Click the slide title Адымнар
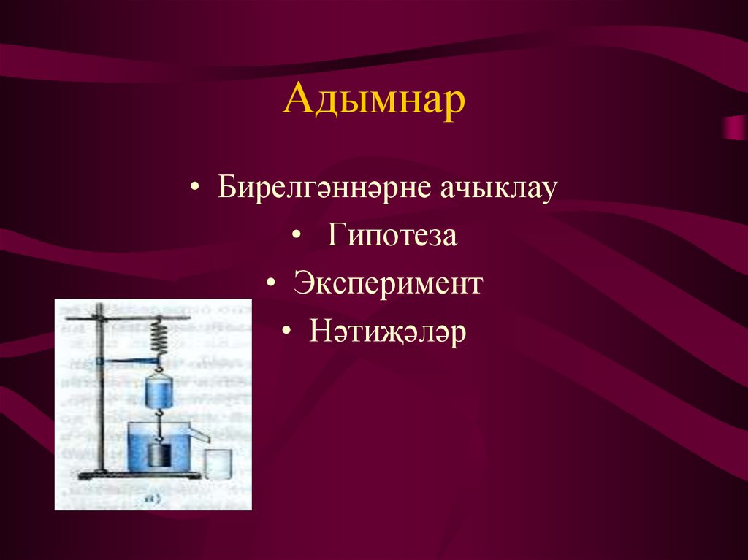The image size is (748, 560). coord(373,100)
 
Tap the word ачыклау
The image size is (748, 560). coord(499,188)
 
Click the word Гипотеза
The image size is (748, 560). coord(392,237)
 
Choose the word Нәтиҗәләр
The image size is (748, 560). coord(387,332)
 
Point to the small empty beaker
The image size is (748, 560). coord(217,464)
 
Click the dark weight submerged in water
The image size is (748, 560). coord(158,454)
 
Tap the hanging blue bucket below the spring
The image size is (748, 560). coord(158,390)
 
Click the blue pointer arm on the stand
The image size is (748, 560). coord(128,360)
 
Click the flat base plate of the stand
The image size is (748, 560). coord(139,476)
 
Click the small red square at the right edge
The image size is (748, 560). coord(735,128)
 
